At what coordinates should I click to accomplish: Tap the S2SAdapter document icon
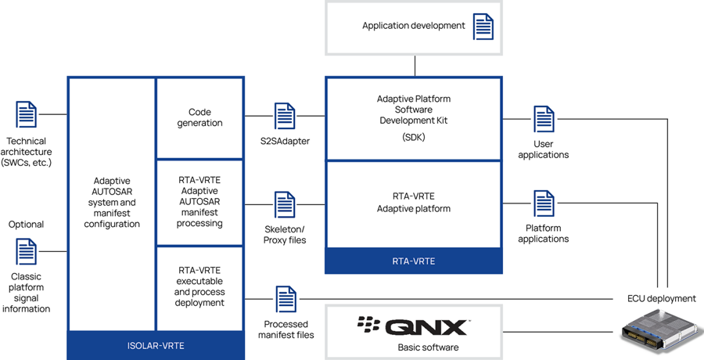pos(285,116)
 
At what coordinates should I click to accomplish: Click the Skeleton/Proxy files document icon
pos(285,204)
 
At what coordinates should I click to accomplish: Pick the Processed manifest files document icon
pos(286,299)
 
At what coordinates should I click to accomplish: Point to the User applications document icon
pos(544,119)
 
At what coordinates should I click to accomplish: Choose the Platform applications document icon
pos(544,203)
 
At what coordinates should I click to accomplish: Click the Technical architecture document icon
pos(27,114)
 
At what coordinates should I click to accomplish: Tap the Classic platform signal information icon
pos(27,251)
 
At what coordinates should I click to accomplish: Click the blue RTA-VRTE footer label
pos(412,261)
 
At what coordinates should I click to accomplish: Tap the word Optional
pos(27,225)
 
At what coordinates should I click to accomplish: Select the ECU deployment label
pos(661,298)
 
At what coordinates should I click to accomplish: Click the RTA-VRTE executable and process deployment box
pos(199,286)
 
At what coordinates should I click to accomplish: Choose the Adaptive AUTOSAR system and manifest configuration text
pos(113,202)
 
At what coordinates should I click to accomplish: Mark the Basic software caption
pos(413,347)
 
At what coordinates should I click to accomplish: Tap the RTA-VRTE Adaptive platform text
pos(414,203)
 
